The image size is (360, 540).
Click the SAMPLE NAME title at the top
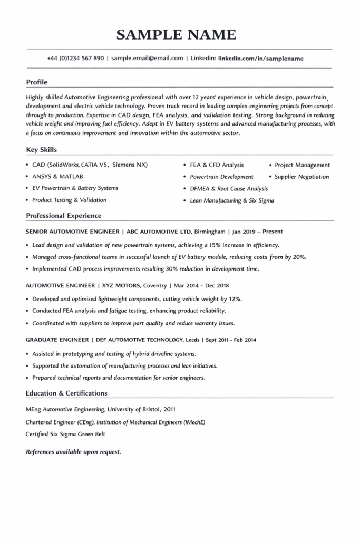coord(176,35)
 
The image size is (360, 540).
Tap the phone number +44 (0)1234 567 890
coord(75,58)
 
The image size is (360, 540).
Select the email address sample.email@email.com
coord(147,58)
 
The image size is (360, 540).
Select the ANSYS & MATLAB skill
coord(57,176)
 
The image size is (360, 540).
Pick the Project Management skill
coord(302,165)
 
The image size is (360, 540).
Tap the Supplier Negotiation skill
coord(301,177)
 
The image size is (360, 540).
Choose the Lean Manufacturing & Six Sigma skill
coord(232,200)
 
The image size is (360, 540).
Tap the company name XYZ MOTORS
coord(120,285)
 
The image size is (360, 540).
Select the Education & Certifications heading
coord(66,393)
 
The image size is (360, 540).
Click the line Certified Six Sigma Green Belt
coord(65,434)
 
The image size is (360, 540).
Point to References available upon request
coord(73,452)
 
